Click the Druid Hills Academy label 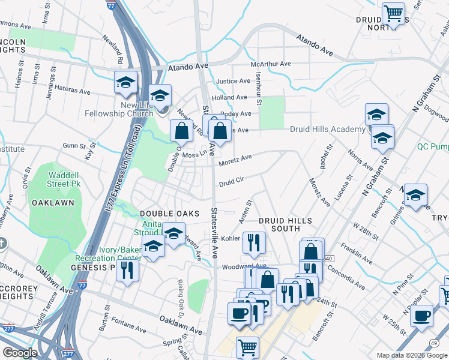tap(327, 129)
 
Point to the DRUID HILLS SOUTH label tap(279, 224)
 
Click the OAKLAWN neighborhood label tap(55, 203)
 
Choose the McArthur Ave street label tap(271, 64)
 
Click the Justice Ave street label tap(233, 81)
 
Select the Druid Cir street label tap(232, 179)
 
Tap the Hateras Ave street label tap(72, 91)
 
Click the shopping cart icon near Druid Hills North tap(394, 13)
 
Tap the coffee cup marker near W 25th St tap(421, 314)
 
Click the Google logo tap(20, 353)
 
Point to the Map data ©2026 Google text tap(411, 355)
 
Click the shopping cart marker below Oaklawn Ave tap(247, 347)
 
